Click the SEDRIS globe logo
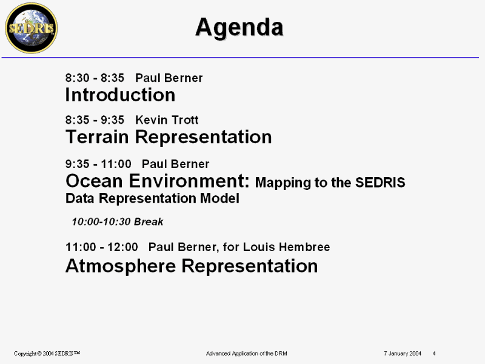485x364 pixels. (x=32, y=28)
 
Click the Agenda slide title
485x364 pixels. (x=239, y=28)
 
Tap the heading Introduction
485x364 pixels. (x=120, y=95)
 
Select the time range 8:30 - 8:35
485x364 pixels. (x=95, y=78)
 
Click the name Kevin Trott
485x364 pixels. (x=167, y=120)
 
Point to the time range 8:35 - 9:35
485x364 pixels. (x=95, y=120)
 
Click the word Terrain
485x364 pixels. (x=97, y=136)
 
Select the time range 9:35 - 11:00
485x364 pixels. (x=98, y=164)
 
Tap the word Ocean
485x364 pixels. (x=94, y=181)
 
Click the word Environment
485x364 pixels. (x=189, y=181)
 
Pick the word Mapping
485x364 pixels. (x=283, y=183)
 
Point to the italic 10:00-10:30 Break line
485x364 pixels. (x=118, y=221)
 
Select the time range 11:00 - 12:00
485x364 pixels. (x=101, y=247)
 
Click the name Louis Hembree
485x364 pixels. (x=286, y=247)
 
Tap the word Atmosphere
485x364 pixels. (x=121, y=266)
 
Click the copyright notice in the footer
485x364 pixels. (x=47, y=354)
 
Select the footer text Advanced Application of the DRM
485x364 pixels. (x=247, y=354)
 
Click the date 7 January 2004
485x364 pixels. (x=403, y=354)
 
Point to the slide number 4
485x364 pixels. (x=434, y=354)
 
